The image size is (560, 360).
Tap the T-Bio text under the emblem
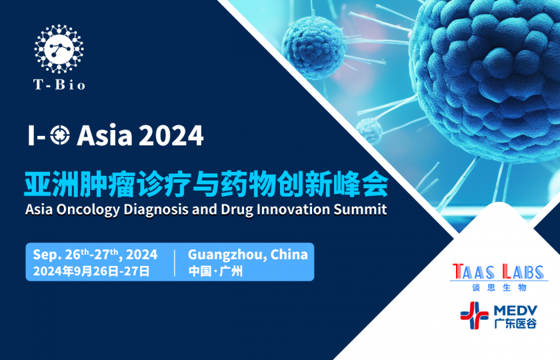click(59, 85)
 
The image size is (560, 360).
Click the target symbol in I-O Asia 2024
click(60, 135)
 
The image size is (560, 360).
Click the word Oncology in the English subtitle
click(82, 209)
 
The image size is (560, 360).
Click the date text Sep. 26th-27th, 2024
click(95, 254)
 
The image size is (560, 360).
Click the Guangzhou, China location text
click(247, 254)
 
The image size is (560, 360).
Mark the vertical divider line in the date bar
click(175, 262)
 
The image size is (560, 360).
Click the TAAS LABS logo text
click(499, 272)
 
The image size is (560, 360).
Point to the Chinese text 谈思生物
click(499, 287)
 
